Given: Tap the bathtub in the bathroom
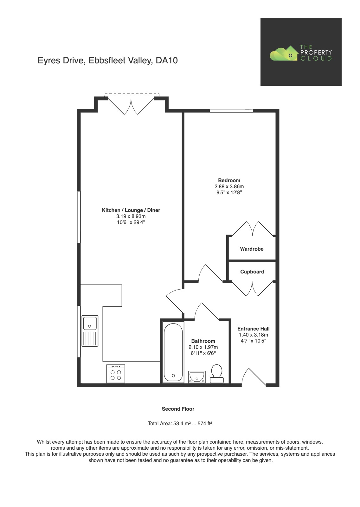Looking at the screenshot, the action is coord(173,352).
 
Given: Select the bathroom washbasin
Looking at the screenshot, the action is coord(197,377).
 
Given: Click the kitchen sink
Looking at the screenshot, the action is coord(90,331).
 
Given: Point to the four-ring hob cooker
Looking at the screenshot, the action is coord(116,374).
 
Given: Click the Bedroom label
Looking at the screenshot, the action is coord(229,180).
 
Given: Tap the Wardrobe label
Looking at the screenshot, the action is coord(252,249).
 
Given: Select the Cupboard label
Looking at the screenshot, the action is coord(252,272).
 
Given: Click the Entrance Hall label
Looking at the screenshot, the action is coord(253,329).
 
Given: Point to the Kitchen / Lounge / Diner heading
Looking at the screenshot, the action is coord(131,210).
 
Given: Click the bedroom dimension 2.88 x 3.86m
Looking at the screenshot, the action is coord(229,187).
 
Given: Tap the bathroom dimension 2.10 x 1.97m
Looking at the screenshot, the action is coord(203,347).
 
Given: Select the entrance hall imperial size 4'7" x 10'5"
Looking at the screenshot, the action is coord(253,341).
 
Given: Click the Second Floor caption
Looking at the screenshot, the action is coord(178,409).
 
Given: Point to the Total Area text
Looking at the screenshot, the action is coord(180,423).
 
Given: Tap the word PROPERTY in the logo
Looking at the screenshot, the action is coord(316,53).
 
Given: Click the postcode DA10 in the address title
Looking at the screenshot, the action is coord(167,61).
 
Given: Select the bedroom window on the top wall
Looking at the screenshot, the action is coord(231,111).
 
